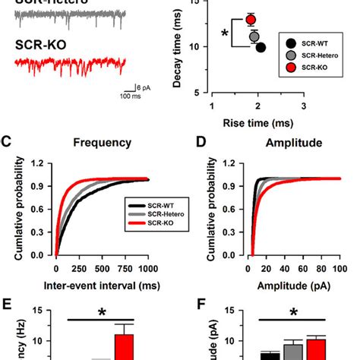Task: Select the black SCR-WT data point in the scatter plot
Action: [x=261, y=47]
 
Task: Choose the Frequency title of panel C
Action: [x=103, y=141]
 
